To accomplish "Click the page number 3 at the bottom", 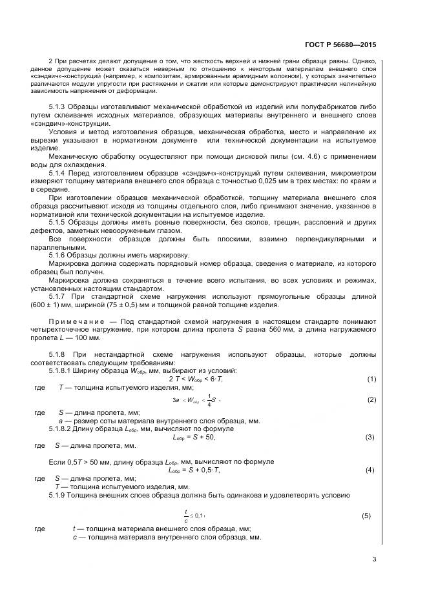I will pyautogui.click(x=374, y=559).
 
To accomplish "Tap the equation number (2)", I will pyautogui.click(x=371, y=400).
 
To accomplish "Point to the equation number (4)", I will pyautogui.click(x=370, y=470).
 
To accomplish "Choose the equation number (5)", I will pyautogui.click(x=366, y=516).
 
